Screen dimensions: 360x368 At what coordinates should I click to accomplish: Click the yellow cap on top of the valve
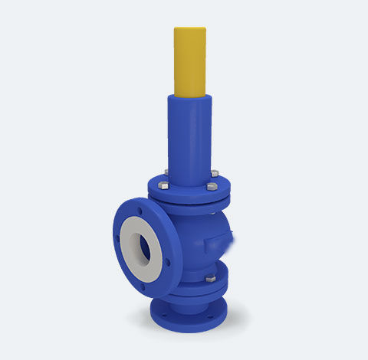coord(190,61)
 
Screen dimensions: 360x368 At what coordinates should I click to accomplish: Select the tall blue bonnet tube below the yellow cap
coord(190,134)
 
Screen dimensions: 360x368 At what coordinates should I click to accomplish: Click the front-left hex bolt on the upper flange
coord(163,185)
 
